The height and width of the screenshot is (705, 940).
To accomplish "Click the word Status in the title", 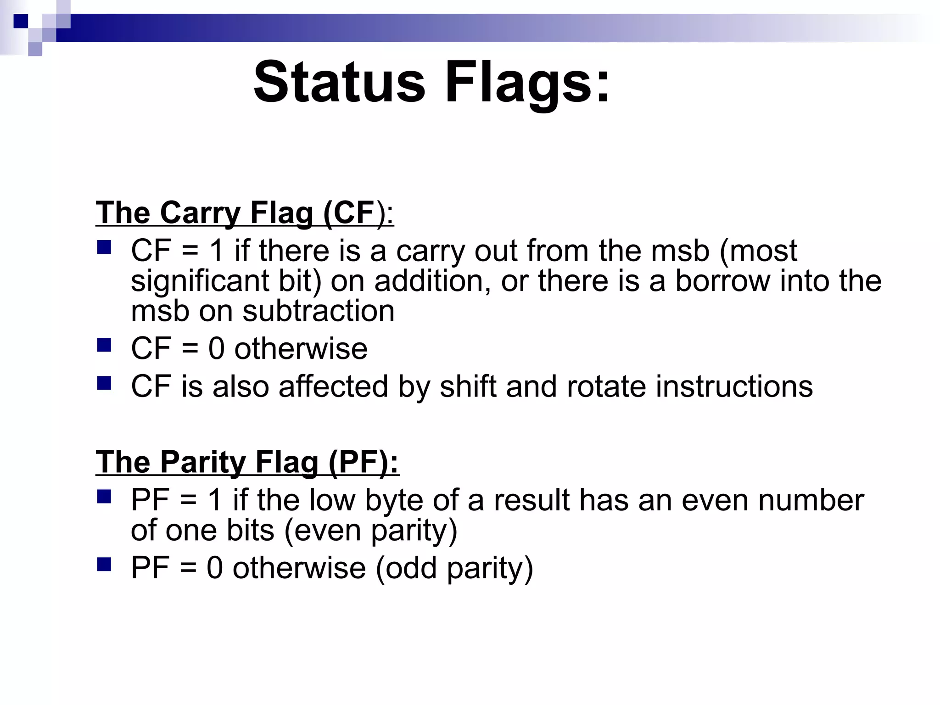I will (339, 83).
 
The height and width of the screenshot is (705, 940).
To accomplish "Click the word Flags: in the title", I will (527, 83).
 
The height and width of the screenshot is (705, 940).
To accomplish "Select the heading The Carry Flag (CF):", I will (245, 213).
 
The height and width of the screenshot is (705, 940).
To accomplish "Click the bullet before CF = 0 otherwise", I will (104, 345).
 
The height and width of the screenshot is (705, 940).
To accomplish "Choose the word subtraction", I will (319, 311).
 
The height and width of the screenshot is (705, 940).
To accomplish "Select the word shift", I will (468, 386).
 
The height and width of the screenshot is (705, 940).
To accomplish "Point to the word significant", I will (200, 282).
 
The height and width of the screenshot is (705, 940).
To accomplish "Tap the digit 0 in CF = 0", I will (217, 349).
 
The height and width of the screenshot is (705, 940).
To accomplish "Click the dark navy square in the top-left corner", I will (21, 21).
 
